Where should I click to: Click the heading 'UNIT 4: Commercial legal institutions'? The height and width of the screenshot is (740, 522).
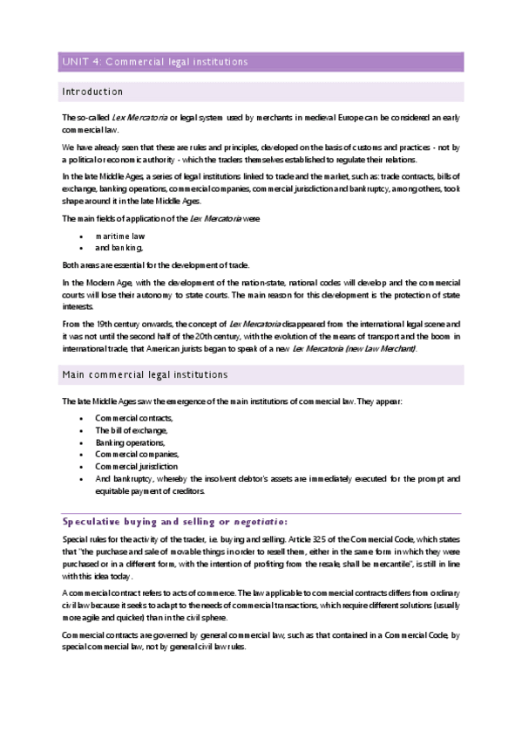click(x=154, y=62)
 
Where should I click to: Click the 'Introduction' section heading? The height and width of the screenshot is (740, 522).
click(x=92, y=92)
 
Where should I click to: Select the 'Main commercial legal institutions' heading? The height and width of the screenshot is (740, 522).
click(x=144, y=375)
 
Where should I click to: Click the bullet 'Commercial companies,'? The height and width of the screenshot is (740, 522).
click(x=137, y=454)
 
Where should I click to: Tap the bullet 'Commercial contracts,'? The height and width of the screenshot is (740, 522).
click(x=133, y=418)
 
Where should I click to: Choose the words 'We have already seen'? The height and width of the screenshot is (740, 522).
click(x=101, y=146)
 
